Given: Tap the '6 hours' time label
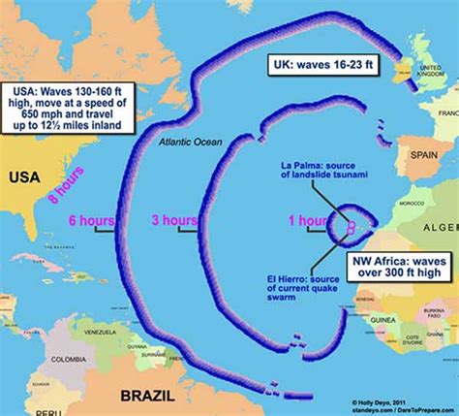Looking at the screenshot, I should tap(87, 220).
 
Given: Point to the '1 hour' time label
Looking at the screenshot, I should tap(306, 221).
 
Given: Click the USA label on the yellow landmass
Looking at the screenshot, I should tap(23, 177).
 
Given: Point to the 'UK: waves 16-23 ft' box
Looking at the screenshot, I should tap(325, 64).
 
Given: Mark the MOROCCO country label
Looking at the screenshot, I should tap(413, 203).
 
